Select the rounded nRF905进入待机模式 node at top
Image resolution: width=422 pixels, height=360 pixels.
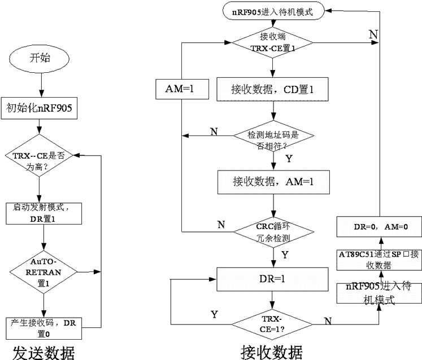tap(273, 10)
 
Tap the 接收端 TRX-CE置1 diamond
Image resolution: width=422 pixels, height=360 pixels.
tap(273, 43)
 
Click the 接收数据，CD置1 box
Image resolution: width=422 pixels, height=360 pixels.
tap(273, 90)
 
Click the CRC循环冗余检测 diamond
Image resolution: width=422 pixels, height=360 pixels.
tap(273, 232)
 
